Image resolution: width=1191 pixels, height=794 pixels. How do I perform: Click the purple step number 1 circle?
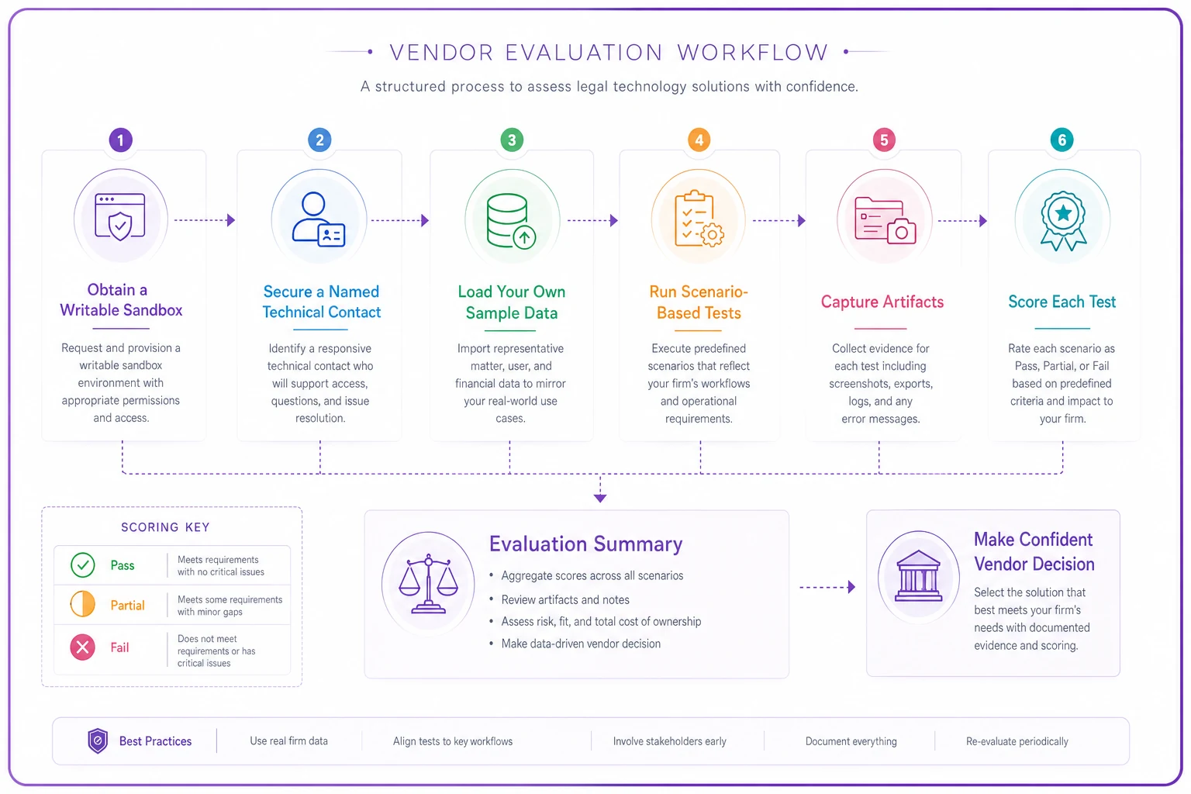(121, 140)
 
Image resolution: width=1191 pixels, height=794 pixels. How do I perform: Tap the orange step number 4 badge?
(699, 140)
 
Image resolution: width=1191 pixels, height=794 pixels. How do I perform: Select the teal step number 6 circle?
(1062, 140)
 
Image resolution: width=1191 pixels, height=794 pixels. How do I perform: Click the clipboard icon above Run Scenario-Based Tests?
(699, 219)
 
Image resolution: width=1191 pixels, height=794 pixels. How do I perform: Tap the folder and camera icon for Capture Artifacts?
(885, 221)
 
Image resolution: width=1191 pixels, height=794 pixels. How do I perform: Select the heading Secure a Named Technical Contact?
(322, 302)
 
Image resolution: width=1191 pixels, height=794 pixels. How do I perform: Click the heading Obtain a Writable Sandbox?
(121, 299)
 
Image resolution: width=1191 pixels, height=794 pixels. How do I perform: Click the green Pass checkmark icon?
(82, 564)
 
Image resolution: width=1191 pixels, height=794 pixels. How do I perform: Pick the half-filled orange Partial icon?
(82, 604)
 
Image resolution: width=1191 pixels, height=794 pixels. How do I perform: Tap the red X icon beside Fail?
(82, 647)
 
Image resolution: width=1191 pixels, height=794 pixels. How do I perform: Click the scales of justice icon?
(428, 584)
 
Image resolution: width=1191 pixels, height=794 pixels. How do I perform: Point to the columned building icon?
(918, 576)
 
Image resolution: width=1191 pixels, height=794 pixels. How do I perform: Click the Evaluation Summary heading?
(585, 544)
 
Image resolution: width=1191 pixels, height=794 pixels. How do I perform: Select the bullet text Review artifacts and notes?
(565, 600)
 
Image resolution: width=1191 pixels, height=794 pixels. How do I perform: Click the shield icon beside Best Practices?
(98, 740)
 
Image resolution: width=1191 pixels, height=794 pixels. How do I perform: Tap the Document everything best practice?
(851, 741)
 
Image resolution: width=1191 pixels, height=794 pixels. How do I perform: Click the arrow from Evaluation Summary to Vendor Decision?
(827, 587)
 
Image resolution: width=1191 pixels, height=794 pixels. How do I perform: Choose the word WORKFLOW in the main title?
(753, 52)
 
